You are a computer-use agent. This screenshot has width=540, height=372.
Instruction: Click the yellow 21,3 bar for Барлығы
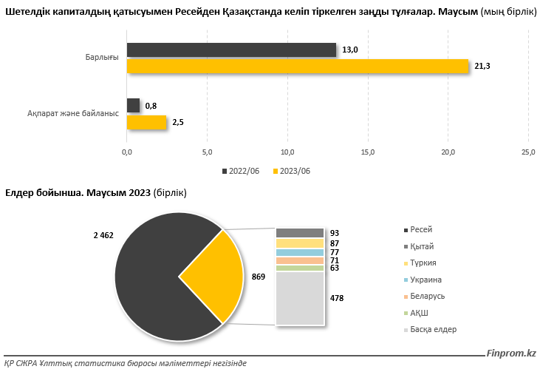pos(298,67)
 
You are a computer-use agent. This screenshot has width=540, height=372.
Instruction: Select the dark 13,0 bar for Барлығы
pos(231,50)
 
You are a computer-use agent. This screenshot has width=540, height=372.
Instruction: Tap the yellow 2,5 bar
pos(147,123)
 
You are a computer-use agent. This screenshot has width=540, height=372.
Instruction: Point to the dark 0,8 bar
pos(133,106)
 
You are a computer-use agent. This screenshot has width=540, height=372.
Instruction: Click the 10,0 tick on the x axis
pos(287,152)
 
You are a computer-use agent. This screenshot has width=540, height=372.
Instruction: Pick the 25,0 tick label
pos(528,152)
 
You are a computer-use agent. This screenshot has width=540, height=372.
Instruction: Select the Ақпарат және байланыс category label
pos(72,114)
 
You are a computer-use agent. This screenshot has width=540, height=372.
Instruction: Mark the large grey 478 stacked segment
pos(300,298)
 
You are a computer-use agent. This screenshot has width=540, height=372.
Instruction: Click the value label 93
pos(335,234)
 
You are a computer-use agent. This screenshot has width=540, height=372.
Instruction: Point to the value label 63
pos(335,268)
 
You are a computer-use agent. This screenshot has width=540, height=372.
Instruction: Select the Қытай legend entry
pos(422,246)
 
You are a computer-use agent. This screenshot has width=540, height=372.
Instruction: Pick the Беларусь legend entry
pos(427,296)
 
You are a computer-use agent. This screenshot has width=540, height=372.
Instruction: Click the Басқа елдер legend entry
pos(433,329)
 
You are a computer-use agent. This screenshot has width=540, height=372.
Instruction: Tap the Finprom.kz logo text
pos(512,354)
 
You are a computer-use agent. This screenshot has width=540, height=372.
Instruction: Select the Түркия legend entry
pos(423,263)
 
